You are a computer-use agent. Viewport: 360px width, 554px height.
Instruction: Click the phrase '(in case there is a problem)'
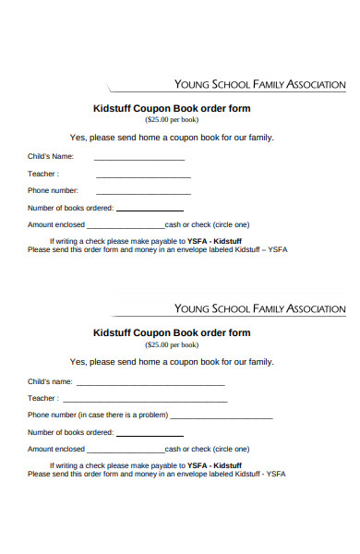click(x=123, y=415)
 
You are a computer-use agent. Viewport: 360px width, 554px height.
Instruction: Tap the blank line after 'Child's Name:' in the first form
click(x=138, y=159)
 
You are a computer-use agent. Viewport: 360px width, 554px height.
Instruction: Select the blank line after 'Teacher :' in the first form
click(x=143, y=175)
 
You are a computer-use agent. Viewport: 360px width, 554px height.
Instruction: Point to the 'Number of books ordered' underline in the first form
click(x=149, y=211)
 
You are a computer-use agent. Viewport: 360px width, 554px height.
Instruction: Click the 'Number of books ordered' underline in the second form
click(x=149, y=435)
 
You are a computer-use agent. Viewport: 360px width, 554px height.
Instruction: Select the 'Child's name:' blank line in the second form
click(x=150, y=384)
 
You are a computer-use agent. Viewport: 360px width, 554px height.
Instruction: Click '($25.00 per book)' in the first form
click(x=172, y=120)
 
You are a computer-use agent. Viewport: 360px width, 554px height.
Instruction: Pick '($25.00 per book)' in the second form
click(x=172, y=344)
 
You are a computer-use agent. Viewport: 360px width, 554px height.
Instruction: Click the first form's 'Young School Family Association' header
click(x=259, y=85)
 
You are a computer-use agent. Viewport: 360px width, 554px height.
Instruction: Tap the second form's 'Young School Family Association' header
click(x=259, y=308)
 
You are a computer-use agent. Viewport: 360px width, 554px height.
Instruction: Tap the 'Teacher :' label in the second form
click(x=43, y=398)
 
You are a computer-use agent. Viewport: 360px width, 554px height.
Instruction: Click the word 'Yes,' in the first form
click(x=78, y=137)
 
